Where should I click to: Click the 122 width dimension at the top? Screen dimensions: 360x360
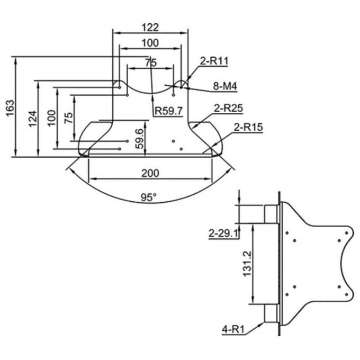150,28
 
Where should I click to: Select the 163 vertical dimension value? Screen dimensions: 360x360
11,108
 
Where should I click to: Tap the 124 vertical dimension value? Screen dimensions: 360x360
33,119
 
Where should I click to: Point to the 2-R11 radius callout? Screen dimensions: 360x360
214,61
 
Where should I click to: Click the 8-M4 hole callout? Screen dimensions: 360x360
225,86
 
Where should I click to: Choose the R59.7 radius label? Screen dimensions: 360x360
169,111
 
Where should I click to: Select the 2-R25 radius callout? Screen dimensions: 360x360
229,109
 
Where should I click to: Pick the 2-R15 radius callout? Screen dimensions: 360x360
248,127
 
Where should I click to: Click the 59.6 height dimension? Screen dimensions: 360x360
140,139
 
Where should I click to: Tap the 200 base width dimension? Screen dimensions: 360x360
150,173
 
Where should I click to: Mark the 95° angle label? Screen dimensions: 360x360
149,197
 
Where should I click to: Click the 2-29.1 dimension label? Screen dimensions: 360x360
223,233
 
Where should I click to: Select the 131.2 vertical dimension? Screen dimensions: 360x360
247,264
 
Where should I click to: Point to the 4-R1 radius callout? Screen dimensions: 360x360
233,330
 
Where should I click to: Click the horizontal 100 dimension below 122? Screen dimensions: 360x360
150,43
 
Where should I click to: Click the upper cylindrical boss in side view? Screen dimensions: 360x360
272,214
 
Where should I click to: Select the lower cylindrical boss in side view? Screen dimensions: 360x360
272,313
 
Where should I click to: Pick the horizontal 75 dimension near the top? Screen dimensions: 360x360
151,62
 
